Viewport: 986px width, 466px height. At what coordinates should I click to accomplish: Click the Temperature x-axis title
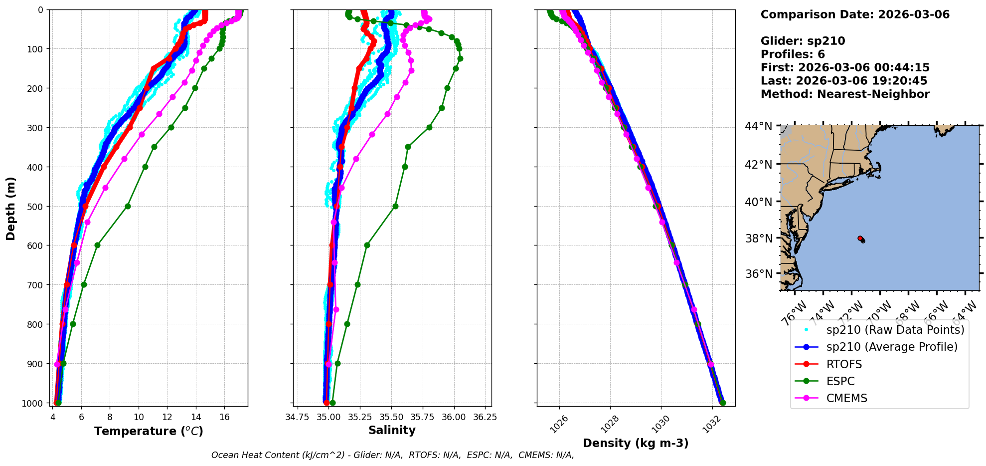[x=149, y=431]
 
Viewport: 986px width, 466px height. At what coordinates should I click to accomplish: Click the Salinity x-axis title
[x=392, y=430]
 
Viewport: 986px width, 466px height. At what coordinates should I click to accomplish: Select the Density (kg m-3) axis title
[x=636, y=443]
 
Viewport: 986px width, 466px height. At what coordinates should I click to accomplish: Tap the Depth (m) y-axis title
[x=11, y=208]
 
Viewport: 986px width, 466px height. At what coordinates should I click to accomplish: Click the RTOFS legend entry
[x=843, y=364]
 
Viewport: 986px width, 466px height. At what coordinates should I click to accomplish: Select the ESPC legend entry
[x=840, y=381]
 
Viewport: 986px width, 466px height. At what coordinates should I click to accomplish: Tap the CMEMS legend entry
[x=846, y=398]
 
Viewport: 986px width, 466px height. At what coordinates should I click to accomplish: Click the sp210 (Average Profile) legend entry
[x=891, y=347]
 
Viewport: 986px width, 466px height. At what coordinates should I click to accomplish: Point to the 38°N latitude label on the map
[x=759, y=238]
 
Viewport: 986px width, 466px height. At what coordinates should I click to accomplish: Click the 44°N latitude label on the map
[x=759, y=126]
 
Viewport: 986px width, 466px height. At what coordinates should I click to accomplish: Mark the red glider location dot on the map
[x=860, y=238]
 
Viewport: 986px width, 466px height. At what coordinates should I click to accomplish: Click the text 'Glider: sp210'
[x=803, y=41]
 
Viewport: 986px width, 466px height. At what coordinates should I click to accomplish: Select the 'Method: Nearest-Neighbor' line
[x=845, y=94]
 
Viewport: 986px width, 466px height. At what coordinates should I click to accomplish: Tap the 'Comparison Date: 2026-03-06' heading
[x=855, y=14]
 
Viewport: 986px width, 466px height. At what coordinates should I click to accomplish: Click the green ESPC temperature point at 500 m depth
[x=128, y=206]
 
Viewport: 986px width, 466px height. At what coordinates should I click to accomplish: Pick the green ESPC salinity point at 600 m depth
[x=367, y=245]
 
